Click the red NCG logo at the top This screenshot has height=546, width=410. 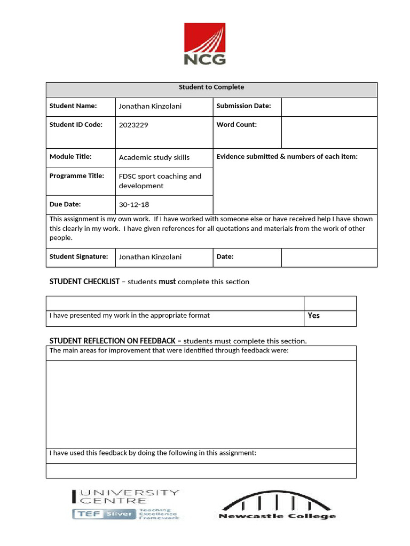[x=205, y=44]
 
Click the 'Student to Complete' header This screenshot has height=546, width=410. [x=211, y=87]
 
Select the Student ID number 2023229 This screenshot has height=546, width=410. [x=133, y=125]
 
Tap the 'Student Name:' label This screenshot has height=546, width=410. [x=73, y=106]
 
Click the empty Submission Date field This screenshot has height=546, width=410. [x=329, y=107]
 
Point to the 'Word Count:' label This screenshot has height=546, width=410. [x=236, y=125]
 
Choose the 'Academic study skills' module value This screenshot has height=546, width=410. [x=154, y=157]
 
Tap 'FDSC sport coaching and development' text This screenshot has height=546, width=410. [x=160, y=181]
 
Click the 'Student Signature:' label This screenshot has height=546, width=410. [x=78, y=256]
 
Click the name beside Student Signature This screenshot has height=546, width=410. [x=150, y=257]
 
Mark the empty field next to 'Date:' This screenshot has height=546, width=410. [x=329, y=258]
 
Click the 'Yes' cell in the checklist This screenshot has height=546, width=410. [x=314, y=316]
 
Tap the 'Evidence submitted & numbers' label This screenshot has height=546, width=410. [x=287, y=157]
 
